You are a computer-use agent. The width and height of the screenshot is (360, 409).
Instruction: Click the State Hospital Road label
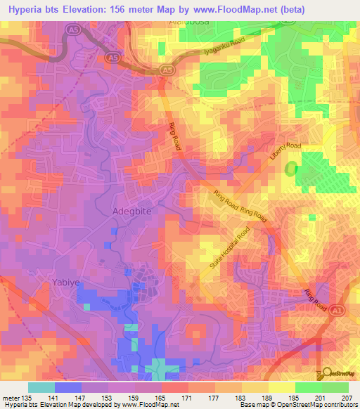(229, 252)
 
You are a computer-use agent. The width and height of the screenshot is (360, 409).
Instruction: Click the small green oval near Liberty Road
(290, 169)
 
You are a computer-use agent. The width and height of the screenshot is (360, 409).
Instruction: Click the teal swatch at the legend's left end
(41, 387)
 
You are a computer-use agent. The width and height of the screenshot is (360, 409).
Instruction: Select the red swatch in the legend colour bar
(175, 387)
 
